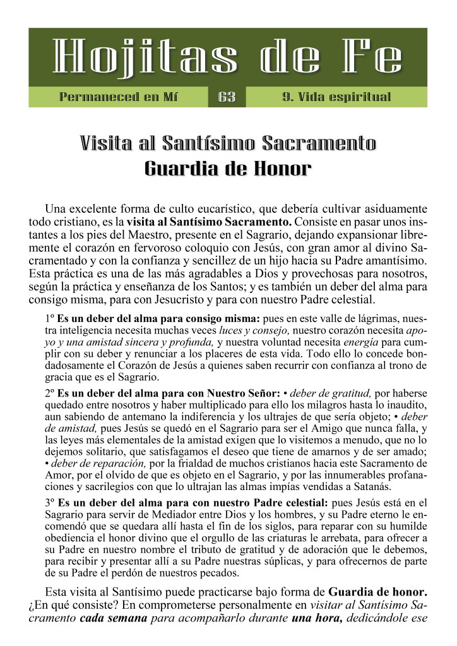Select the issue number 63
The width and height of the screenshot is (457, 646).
227,97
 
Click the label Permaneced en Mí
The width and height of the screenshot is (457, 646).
118,97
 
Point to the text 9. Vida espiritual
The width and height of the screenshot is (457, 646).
336,97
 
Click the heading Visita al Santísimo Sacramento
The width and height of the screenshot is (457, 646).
228,144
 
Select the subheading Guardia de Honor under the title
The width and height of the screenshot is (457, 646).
228,169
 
